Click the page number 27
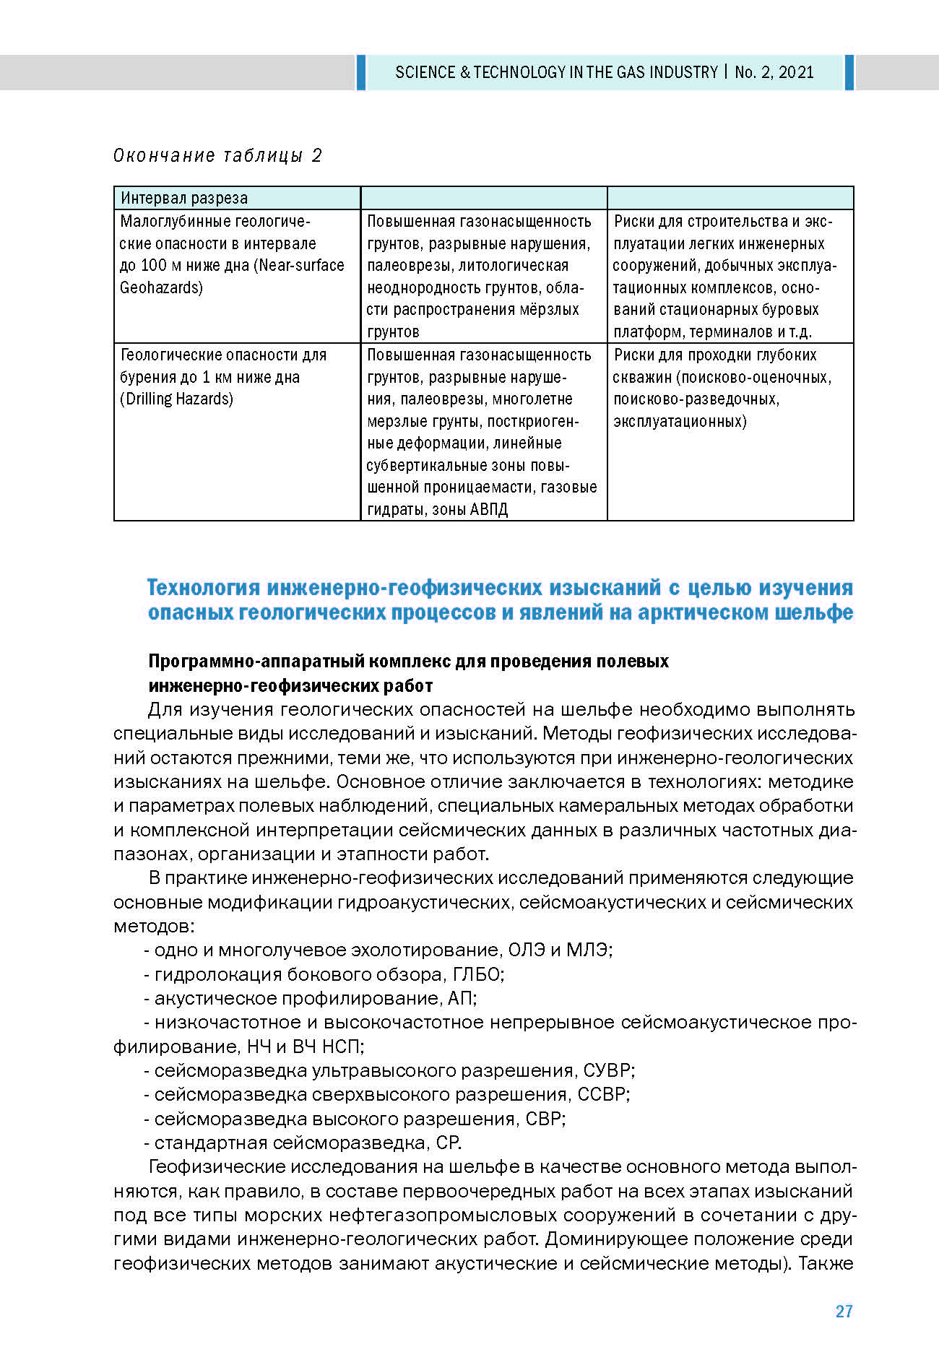[844, 1311]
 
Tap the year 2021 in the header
[796, 72]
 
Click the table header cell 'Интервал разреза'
[184, 198]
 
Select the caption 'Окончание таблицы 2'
[217, 155]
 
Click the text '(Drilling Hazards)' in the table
[177, 399]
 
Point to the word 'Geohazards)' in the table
[161, 287]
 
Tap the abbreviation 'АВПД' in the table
[489, 509]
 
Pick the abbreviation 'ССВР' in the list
[602, 1094]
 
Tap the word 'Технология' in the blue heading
[204, 588]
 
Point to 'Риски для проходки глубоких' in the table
[715, 355]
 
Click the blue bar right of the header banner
[849, 72]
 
